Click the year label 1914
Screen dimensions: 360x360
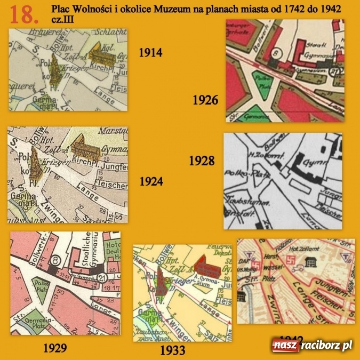tap(150, 53)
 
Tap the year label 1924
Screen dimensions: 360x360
tap(150, 181)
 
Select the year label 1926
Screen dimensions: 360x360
tap(205, 100)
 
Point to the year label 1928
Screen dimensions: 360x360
tap(202, 161)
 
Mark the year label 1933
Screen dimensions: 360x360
tap(172, 350)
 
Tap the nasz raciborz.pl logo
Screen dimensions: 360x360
tap(311, 346)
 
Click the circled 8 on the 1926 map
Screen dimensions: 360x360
tap(277, 54)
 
